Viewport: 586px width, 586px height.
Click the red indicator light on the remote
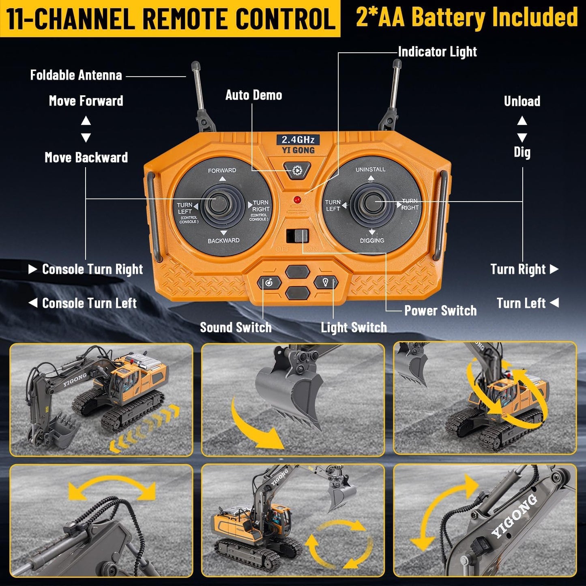[297, 200]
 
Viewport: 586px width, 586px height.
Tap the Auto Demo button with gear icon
[297, 170]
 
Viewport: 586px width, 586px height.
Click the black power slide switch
[298, 236]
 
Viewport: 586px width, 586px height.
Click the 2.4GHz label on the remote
[298, 140]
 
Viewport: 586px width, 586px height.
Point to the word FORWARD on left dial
[222, 170]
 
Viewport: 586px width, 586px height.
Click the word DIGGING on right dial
[372, 240]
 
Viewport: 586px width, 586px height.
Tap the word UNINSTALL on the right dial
[370, 169]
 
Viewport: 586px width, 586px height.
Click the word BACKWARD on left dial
[223, 240]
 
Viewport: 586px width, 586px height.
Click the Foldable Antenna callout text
[76, 75]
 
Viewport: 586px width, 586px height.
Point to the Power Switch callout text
[440, 311]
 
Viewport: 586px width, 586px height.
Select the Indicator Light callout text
[437, 52]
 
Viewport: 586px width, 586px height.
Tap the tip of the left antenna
[195, 65]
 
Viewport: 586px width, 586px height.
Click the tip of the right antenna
[397, 64]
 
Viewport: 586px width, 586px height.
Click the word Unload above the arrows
[522, 101]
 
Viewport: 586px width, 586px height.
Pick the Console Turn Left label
[89, 303]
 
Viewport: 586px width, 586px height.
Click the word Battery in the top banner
[448, 17]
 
